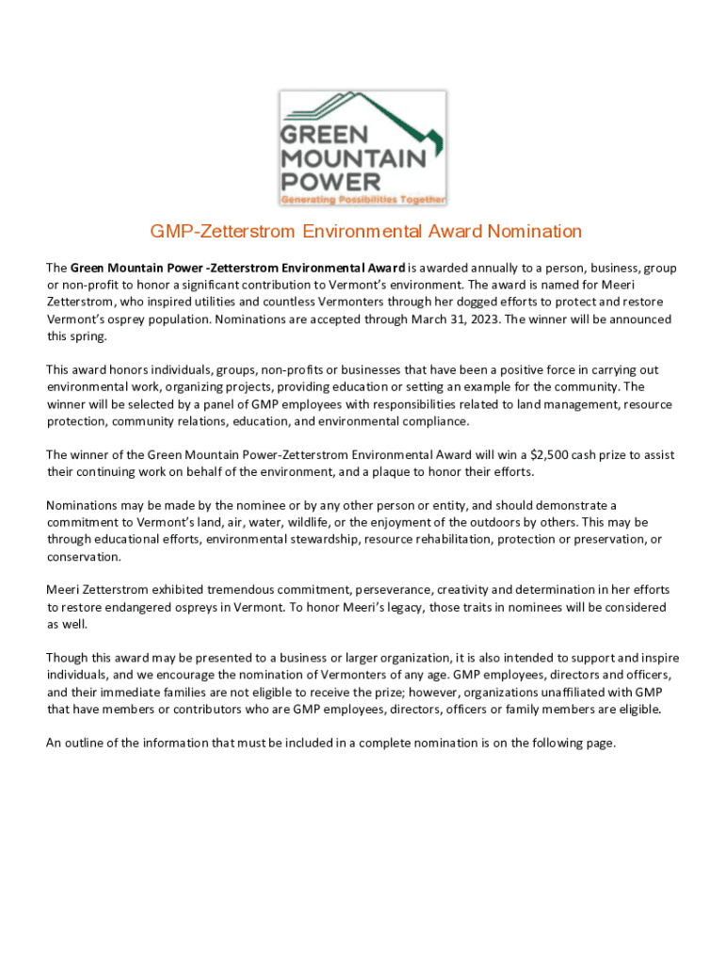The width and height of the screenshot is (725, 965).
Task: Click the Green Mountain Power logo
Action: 362,147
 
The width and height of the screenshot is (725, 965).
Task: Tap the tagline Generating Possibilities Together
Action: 362,199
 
